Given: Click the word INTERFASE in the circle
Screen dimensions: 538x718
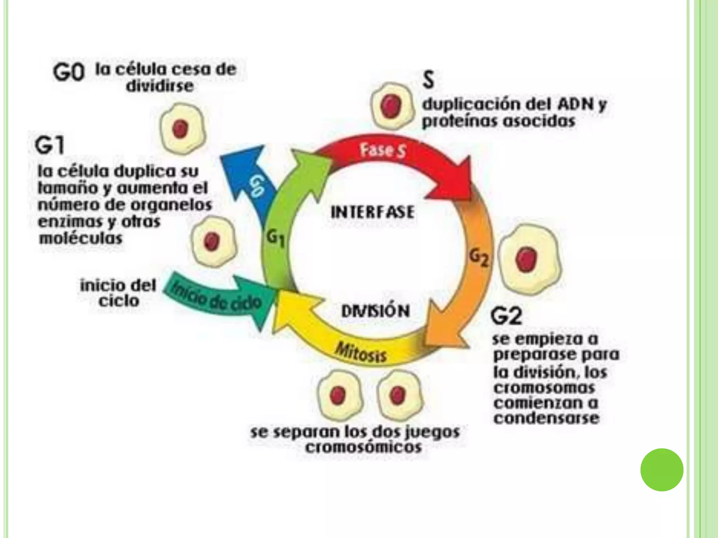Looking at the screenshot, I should pos(372,212).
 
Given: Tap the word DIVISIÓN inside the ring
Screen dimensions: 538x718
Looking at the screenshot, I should pos(375,311).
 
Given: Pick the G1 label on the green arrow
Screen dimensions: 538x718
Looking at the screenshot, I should pos(275,239).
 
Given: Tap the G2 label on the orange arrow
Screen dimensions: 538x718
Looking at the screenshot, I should pos(479,259).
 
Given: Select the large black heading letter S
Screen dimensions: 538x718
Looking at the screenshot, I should pos(428,80).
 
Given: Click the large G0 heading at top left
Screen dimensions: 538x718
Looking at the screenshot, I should pos(69,73).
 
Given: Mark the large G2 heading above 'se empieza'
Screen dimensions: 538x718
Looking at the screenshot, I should pos(506,316).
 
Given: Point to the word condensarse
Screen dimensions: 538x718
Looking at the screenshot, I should pos(546,418).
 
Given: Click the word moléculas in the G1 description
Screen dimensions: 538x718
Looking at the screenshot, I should pos(81,239).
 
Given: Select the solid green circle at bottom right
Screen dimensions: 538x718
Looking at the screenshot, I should pos(662,470).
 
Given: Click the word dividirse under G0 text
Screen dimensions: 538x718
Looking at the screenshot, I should pos(160,86).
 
